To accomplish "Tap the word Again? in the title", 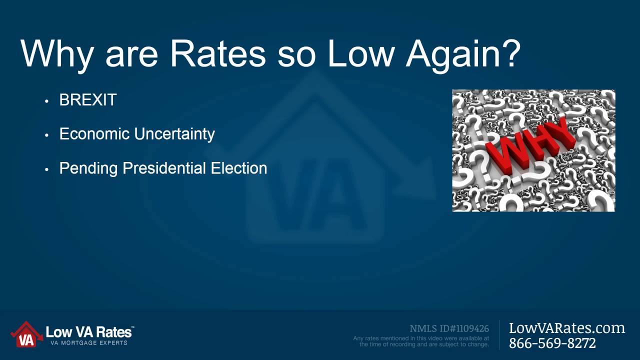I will [463, 54].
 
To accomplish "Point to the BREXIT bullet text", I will [88, 100].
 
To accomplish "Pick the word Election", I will [239, 168].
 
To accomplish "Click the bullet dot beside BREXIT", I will [47, 101].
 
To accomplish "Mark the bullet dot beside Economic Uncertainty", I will [47, 135].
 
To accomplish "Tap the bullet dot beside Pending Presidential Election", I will [47, 169].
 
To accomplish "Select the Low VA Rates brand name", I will [89, 332].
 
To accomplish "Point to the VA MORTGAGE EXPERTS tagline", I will [89, 343].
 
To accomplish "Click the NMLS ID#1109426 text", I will [449, 328].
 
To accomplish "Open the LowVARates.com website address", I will [567, 328].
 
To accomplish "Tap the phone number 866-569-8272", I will [552, 343].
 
